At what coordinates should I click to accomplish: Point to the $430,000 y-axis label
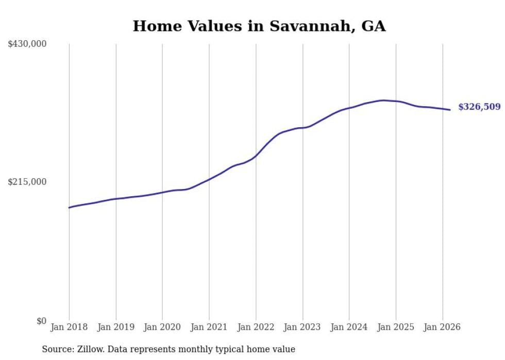click(27, 44)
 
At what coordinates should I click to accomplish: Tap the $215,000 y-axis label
click(27, 182)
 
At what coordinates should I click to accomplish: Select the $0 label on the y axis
click(41, 321)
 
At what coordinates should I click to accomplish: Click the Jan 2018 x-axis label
click(69, 327)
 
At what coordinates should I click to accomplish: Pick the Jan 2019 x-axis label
click(115, 327)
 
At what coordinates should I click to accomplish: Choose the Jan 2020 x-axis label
click(162, 327)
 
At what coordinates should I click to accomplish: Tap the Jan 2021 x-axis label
click(209, 327)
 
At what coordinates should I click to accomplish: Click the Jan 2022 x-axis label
click(256, 327)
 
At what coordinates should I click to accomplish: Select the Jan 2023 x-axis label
click(302, 327)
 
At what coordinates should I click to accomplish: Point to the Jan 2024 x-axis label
click(349, 327)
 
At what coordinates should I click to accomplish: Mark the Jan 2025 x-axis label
click(396, 327)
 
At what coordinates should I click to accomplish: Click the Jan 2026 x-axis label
click(442, 327)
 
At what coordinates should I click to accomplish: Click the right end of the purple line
click(450, 110)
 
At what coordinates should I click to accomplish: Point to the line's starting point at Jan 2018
click(69, 208)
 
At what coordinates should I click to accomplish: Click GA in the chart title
click(373, 26)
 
